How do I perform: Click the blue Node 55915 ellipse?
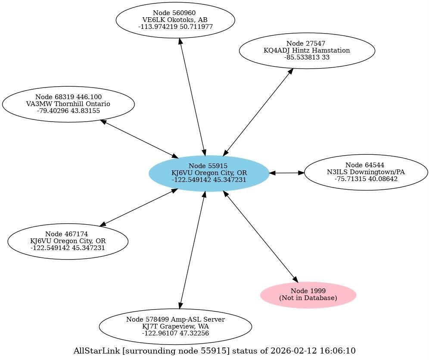point(209,173)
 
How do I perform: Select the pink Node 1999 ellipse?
point(308,295)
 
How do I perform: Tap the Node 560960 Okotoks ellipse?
point(175,20)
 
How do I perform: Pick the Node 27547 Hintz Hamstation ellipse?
point(307,50)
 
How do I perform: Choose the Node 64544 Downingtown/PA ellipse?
point(366,172)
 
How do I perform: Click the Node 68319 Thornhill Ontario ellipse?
point(68,104)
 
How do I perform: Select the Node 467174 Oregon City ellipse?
point(68,241)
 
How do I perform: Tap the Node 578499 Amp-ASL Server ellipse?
point(175,326)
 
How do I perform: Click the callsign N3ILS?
point(337,172)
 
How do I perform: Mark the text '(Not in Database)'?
point(308,298)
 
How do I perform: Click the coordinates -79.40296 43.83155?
point(68,111)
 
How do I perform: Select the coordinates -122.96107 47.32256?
point(175,333)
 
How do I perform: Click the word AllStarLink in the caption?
point(96,351)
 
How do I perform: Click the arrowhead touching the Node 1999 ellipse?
point(295,279)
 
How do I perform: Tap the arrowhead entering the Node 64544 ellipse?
point(301,173)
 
